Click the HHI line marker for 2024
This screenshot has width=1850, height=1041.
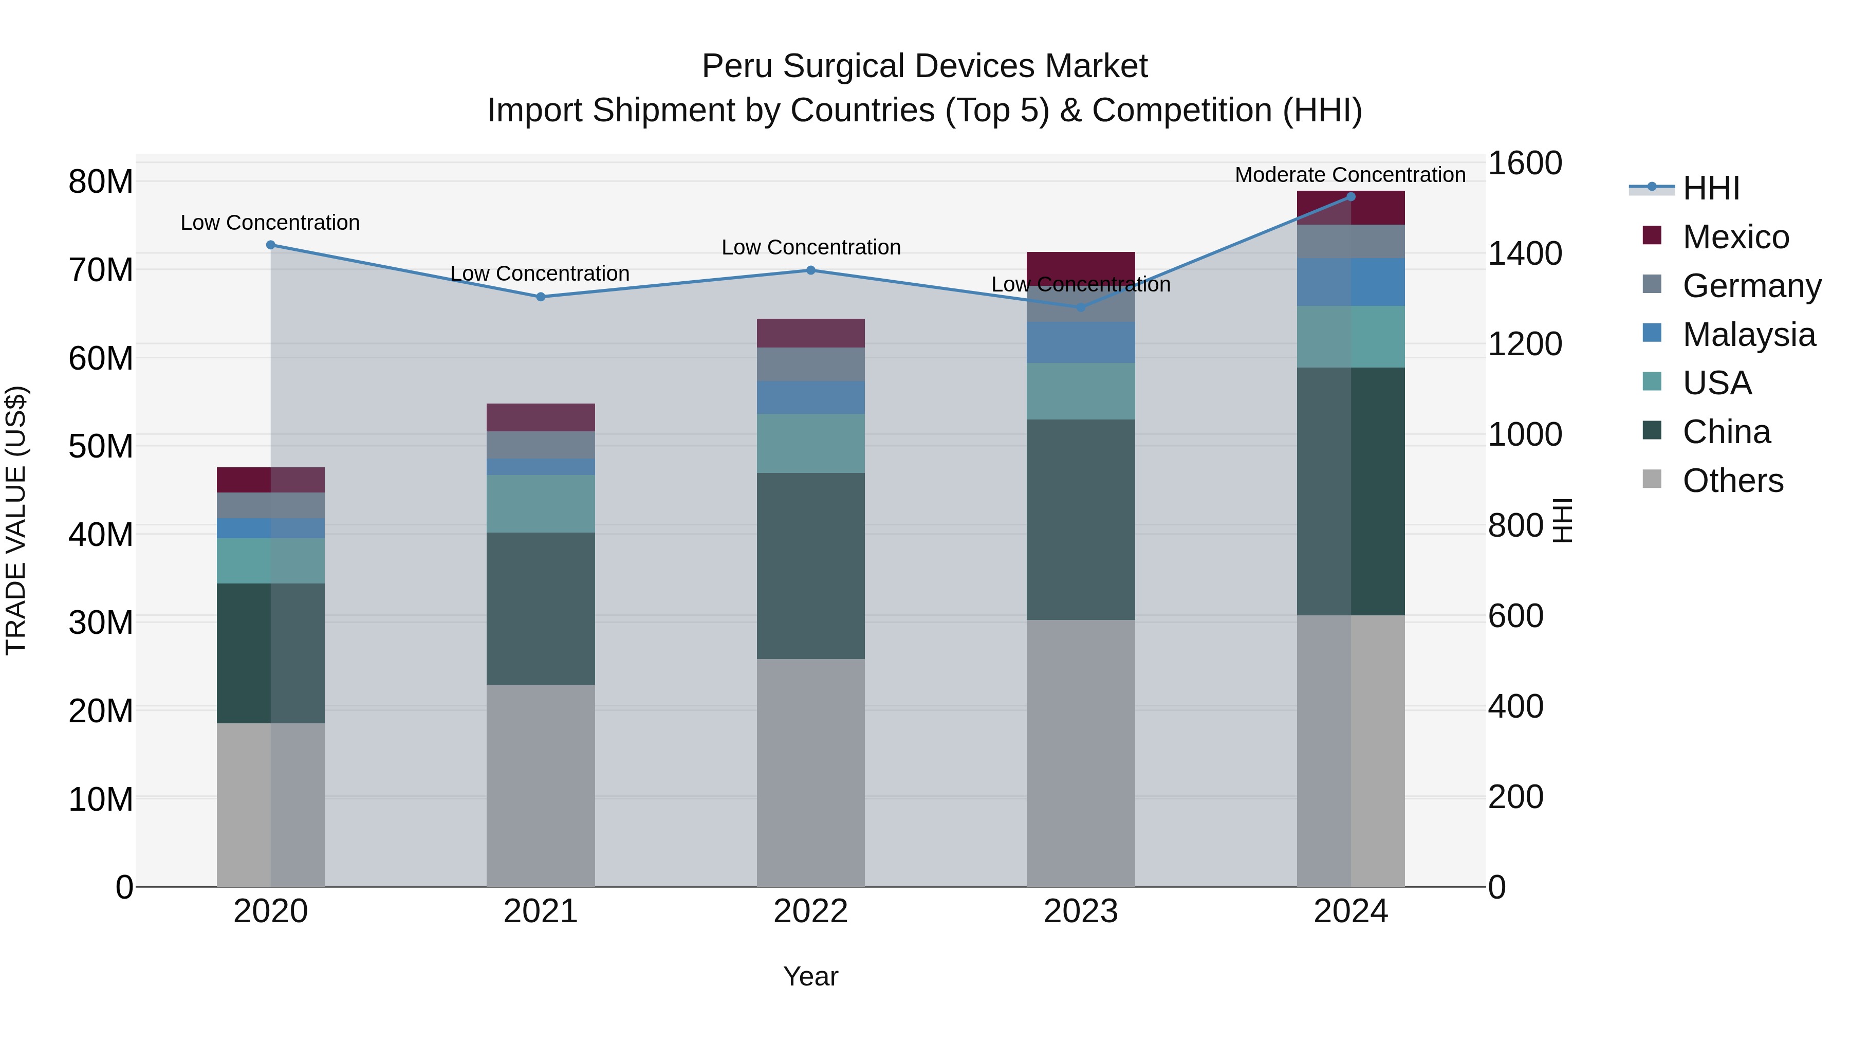1350,197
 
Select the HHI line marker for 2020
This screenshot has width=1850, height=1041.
271,245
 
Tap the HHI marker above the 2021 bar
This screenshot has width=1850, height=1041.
541,297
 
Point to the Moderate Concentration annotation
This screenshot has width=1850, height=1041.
1349,175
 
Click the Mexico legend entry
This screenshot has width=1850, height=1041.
1734,237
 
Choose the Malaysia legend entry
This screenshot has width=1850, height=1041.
1748,335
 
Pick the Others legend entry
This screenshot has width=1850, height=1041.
1732,481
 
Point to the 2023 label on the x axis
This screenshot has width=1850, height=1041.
1080,911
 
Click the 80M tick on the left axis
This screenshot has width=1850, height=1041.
101,182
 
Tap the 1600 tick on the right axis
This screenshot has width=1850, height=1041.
1524,163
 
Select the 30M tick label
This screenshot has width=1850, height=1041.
101,623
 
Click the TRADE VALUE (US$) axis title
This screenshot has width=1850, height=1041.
16,520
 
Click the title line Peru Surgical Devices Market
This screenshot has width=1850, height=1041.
924,66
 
